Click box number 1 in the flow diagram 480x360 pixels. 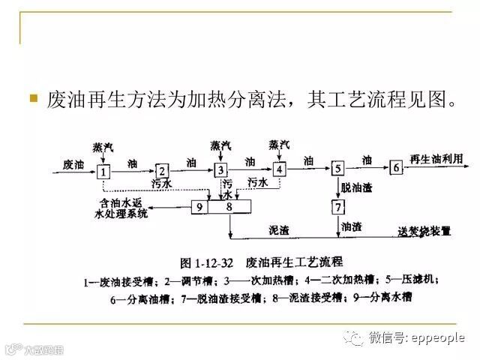point(104,171)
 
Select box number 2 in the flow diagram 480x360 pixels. point(163,171)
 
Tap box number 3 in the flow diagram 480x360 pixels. point(220,171)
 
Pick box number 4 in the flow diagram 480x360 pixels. point(279,169)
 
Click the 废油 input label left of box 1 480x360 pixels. point(72,163)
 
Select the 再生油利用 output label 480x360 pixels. point(436,159)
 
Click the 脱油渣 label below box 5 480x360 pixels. point(357,187)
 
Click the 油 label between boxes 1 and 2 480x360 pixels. point(133,162)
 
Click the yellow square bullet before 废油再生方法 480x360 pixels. point(33,97)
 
